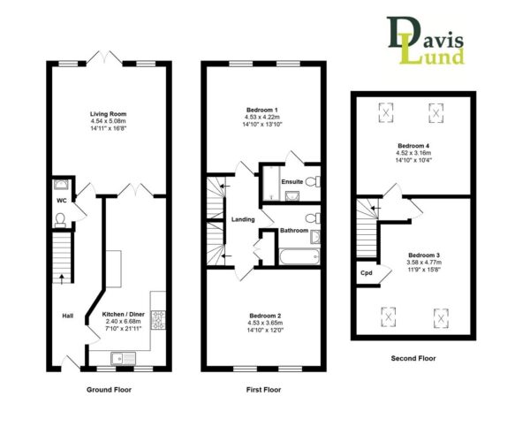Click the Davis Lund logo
coord(426,41)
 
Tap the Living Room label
coord(108,114)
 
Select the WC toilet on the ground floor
coord(60,220)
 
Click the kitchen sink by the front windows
coord(123,358)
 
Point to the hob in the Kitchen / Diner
coord(158,320)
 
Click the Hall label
coord(68,316)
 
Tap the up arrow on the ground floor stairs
coord(62,279)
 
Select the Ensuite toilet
coord(313,181)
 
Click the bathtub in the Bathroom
coord(299,257)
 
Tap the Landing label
coord(243,219)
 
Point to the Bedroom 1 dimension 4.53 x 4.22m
coord(262,117)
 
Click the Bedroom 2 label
coord(265,316)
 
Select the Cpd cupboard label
coord(367,272)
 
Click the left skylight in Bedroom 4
coord(386,112)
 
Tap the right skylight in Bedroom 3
coord(441,318)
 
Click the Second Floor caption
coord(413,358)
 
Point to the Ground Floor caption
coord(109,390)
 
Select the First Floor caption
coord(263,390)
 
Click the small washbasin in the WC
coord(61,184)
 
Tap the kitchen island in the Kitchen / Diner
coord(114,269)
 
